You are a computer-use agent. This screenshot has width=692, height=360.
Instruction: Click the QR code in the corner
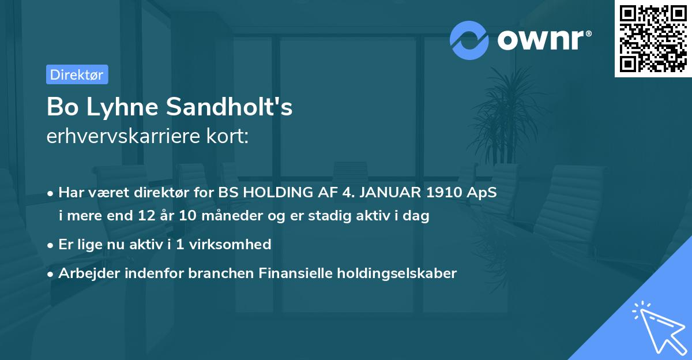[653, 39]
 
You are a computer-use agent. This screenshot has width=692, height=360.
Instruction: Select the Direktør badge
[77, 74]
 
